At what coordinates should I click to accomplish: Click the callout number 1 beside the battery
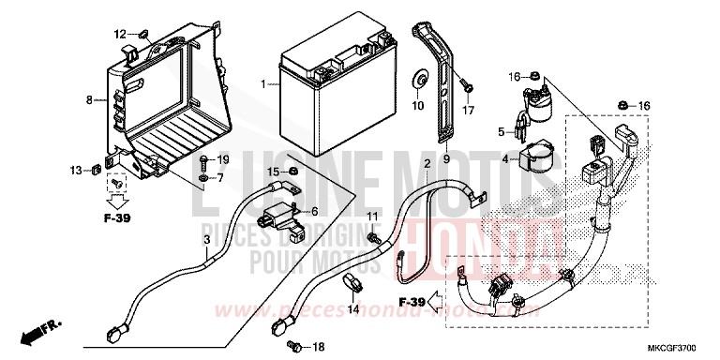pyautogui.click(x=264, y=83)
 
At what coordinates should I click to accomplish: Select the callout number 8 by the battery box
pyautogui.click(x=89, y=98)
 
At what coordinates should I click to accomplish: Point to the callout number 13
pyautogui.click(x=74, y=170)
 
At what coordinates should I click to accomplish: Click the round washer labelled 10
pyautogui.click(x=418, y=78)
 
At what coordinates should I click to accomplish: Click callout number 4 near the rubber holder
pyautogui.click(x=504, y=159)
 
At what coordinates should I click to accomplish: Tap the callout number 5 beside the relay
pyautogui.click(x=502, y=131)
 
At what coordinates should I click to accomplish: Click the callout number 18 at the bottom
pyautogui.click(x=318, y=347)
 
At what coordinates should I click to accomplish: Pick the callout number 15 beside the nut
pyautogui.click(x=273, y=172)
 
